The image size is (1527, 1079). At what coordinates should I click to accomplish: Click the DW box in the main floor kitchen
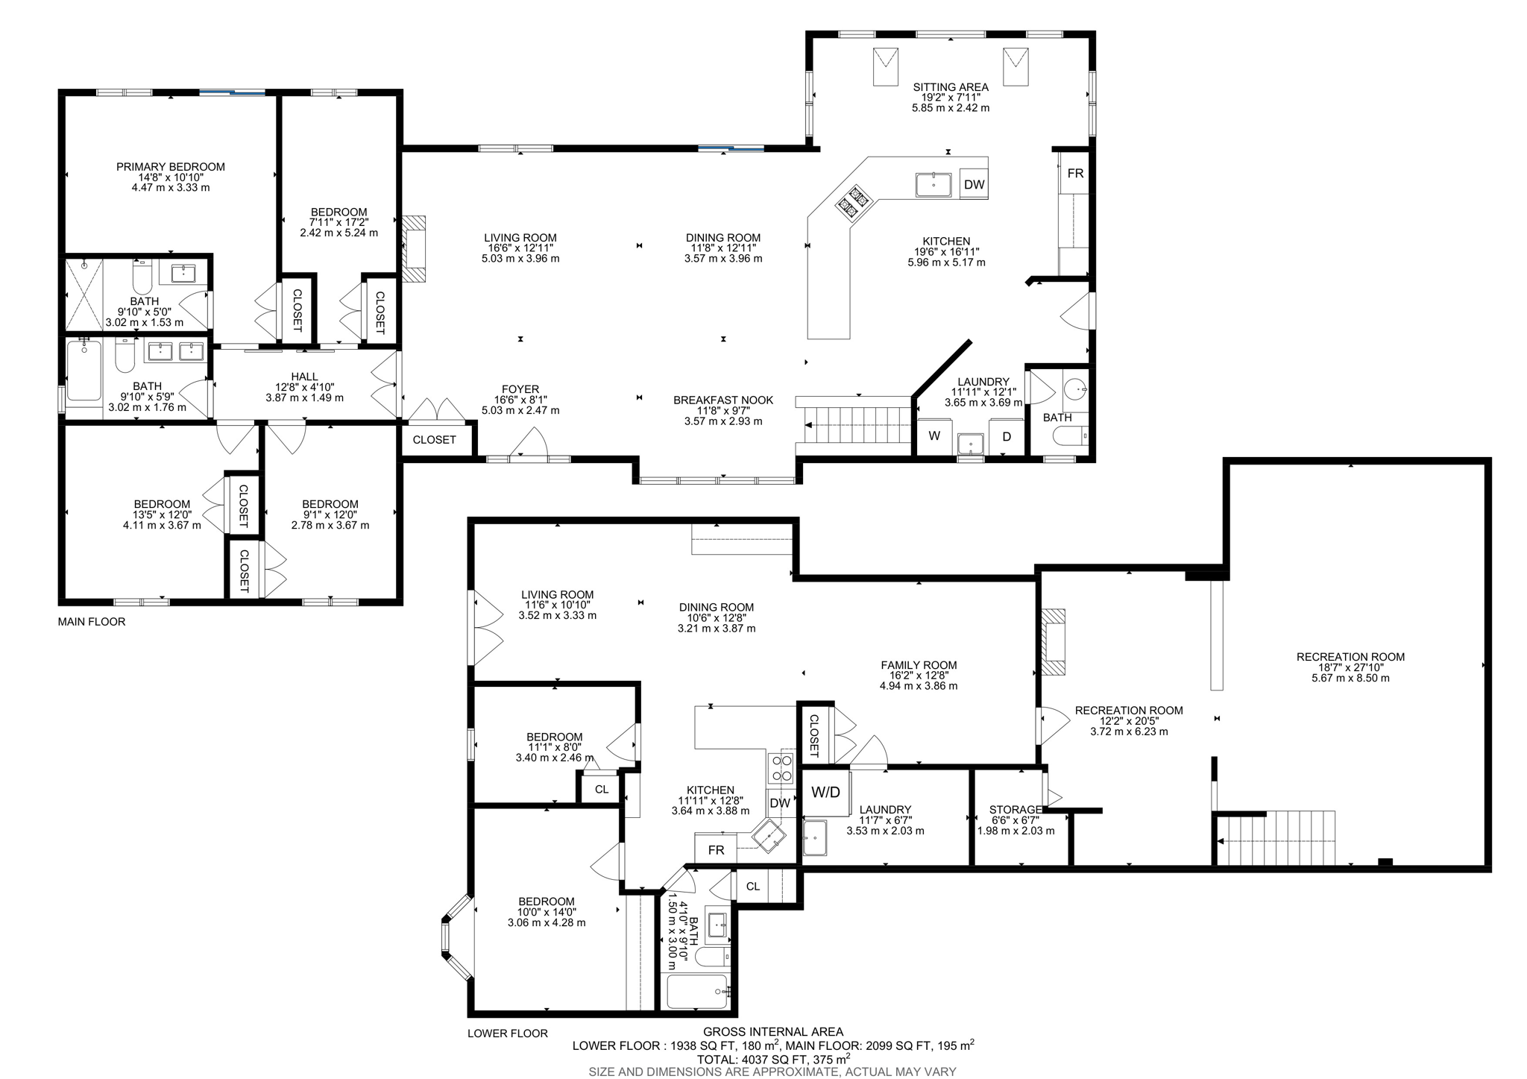(974, 184)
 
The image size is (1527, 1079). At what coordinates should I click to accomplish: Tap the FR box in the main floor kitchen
(1074, 174)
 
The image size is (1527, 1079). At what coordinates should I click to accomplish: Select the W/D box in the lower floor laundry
(825, 792)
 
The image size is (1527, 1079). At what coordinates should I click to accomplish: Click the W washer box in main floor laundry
(933, 437)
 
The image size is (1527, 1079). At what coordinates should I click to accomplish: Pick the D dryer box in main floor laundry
(1006, 437)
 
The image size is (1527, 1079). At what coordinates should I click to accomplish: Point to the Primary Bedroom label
(170, 167)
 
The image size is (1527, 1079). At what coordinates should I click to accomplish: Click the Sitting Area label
(950, 87)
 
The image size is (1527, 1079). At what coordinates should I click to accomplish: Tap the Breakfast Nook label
(722, 400)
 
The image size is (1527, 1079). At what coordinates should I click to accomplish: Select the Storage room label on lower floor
(1015, 810)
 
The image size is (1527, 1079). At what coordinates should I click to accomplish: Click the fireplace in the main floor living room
(414, 248)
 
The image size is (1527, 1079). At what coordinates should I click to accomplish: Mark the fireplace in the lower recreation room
(1053, 642)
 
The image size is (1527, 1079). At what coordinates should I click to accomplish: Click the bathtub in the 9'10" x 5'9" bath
(84, 371)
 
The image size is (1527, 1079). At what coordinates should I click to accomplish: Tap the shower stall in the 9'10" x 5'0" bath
(83, 294)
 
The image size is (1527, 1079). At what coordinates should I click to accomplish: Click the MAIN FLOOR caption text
(92, 622)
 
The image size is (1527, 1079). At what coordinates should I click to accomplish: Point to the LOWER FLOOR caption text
(507, 1034)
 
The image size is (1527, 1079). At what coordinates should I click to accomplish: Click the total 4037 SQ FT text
(773, 1060)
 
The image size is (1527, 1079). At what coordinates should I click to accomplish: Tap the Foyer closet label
(434, 440)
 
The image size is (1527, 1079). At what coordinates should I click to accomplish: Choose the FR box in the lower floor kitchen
(716, 850)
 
